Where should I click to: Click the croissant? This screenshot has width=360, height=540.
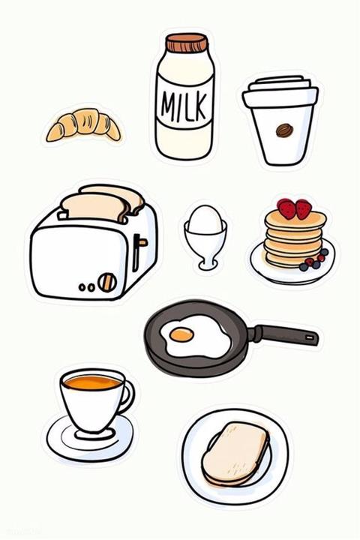click(84, 124)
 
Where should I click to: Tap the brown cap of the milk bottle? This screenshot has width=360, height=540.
click(187, 42)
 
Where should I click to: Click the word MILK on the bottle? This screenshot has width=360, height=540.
click(184, 104)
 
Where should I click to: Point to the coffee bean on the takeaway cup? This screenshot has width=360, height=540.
click(284, 130)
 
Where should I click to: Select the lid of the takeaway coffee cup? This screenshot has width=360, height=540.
click(280, 91)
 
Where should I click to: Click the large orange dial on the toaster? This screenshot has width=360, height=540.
click(107, 283)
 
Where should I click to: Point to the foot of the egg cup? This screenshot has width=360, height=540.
click(207, 265)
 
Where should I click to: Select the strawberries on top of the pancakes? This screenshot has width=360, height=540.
click(295, 208)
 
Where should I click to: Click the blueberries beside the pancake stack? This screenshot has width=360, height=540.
click(313, 261)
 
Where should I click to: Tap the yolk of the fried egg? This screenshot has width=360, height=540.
click(181, 334)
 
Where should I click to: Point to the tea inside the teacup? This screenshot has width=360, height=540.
click(92, 382)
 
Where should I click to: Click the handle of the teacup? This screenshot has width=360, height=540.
click(127, 396)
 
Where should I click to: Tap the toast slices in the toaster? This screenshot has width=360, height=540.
click(102, 204)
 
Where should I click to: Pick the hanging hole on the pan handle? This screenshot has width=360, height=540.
click(311, 337)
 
